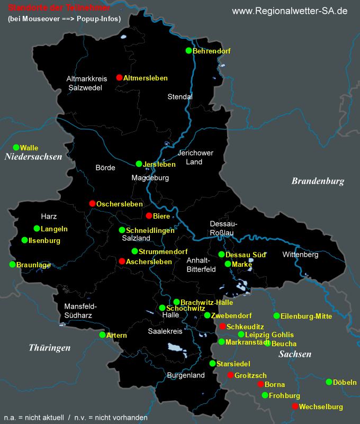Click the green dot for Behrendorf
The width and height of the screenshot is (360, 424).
point(188,51)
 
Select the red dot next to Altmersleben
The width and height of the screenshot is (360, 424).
point(119,78)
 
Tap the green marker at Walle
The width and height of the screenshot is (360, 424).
point(16,148)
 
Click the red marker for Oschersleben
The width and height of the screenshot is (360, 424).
point(92,204)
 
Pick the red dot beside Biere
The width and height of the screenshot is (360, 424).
point(149,216)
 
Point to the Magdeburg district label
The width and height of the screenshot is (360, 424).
point(150,178)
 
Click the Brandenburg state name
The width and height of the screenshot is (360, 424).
point(318,181)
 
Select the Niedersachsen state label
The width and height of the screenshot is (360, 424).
point(33,157)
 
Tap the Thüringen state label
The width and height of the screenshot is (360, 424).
point(50,348)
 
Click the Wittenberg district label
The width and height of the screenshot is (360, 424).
point(300,255)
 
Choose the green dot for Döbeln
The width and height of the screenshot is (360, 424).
point(329,382)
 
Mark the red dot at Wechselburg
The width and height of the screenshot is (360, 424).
point(294,407)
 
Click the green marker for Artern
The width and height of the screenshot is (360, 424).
point(102,335)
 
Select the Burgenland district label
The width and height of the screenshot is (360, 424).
point(185,375)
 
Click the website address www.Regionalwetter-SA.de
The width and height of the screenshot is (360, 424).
point(290,11)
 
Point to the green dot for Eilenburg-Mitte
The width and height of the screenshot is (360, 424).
point(276,316)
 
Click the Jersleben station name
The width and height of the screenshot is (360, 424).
point(159,165)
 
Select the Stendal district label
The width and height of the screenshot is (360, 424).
point(180,97)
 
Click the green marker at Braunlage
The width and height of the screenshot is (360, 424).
point(12,265)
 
